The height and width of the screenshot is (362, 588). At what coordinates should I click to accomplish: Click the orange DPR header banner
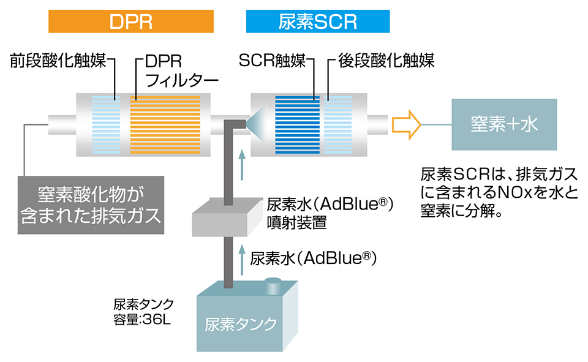[x=131, y=21]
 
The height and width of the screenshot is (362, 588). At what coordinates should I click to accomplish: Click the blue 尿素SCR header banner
[x=317, y=21]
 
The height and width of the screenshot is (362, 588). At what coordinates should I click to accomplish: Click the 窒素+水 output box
[x=504, y=125]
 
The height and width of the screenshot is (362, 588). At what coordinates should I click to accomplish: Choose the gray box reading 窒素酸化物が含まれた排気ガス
[x=91, y=205]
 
